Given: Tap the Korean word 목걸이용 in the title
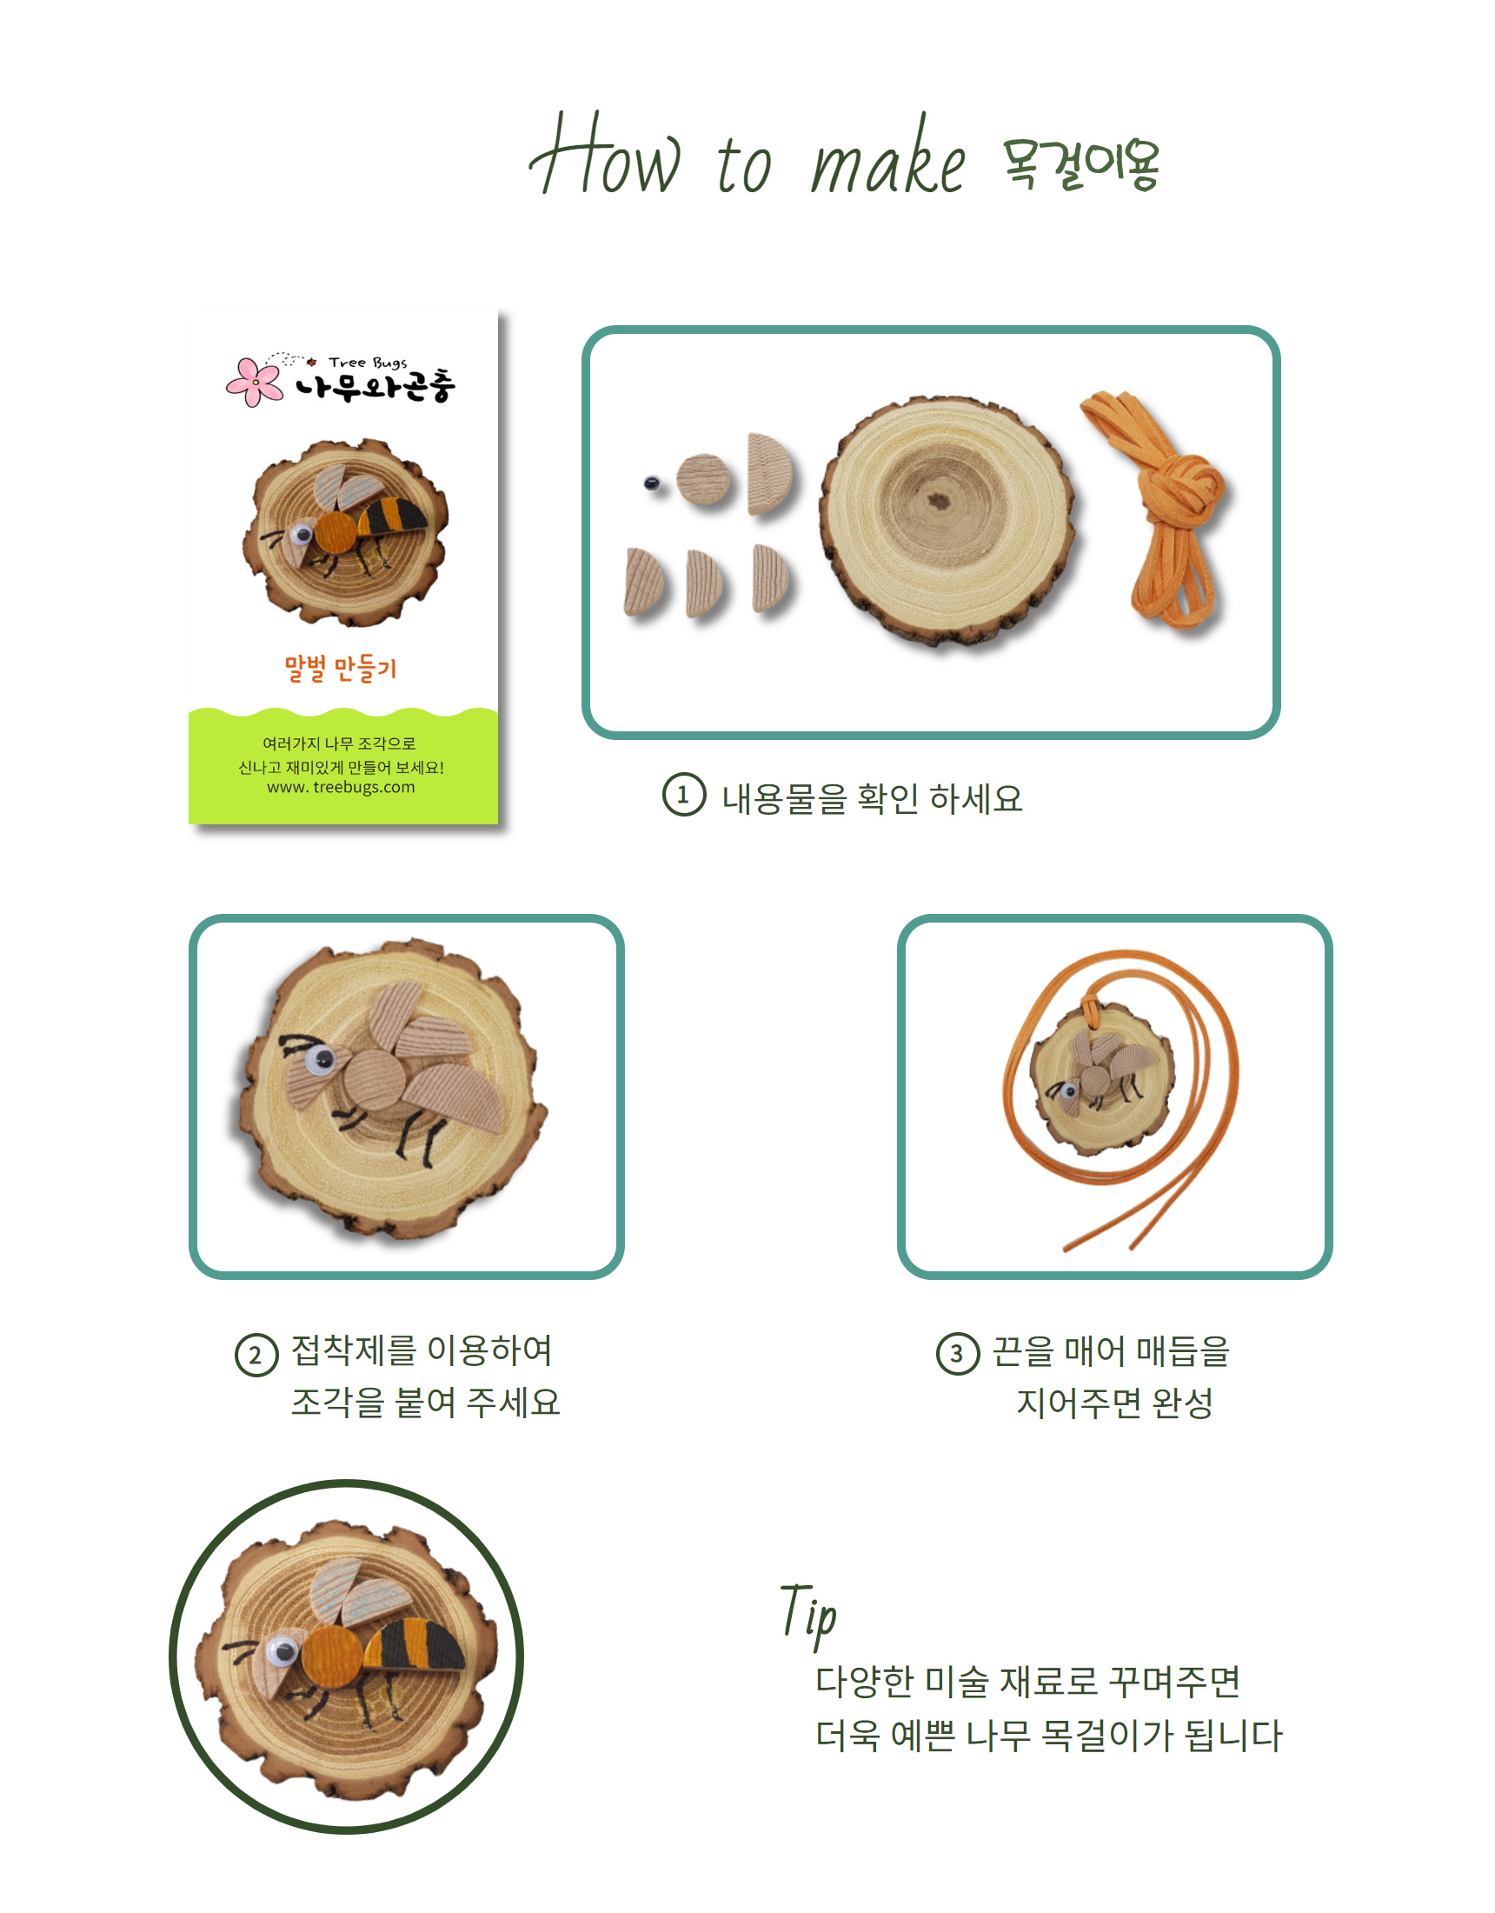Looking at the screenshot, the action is [x=1080, y=164].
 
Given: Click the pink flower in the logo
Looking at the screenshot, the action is [x=254, y=381].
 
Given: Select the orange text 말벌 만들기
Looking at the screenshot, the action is [x=341, y=669].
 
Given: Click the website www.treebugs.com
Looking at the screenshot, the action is [x=341, y=788].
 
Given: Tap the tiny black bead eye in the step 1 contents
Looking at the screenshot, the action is [x=651, y=483].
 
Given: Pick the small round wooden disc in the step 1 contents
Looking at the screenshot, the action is [x=703, y=479].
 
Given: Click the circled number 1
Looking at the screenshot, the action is [x=683, y=796].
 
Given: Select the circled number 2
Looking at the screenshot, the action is [x=256, y=1355].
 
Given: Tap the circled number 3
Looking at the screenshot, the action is [x=957, y=1354].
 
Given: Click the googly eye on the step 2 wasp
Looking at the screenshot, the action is [x=320, y=1063].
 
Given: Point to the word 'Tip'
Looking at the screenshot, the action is [x=808, y=1613].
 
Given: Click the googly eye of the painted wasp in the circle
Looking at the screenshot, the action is [x=282, y=1652].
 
